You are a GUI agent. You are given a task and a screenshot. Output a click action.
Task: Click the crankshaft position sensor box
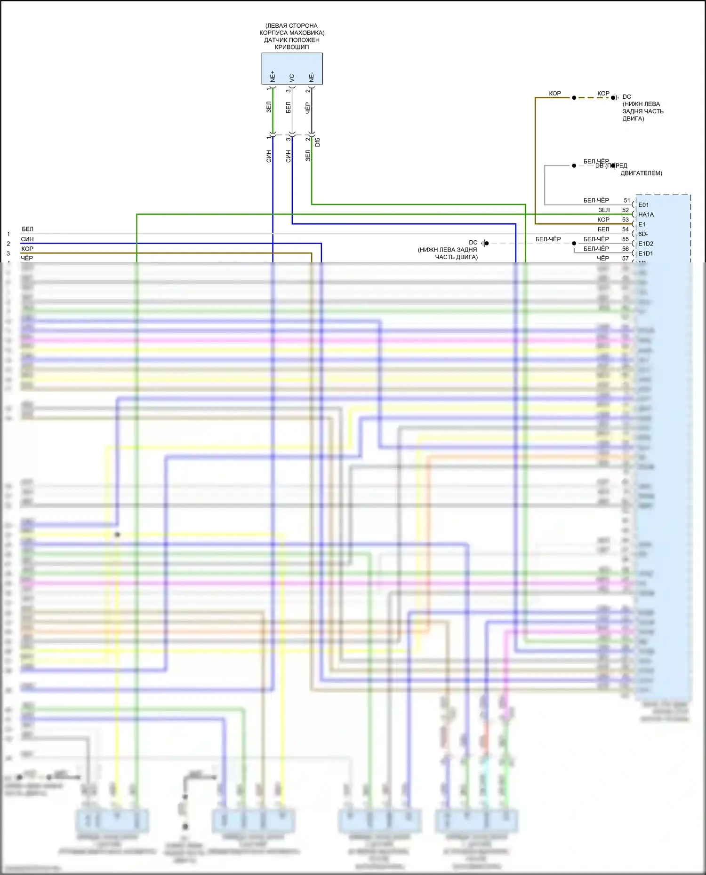point(292,68)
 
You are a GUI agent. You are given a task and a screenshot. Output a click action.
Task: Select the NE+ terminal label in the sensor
point(273,76)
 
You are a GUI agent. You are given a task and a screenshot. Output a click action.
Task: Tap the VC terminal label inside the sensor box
point(292,78)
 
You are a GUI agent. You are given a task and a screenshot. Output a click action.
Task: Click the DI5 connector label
point(318,142)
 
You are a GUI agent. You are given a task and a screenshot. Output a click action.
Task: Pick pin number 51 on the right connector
point(626,200)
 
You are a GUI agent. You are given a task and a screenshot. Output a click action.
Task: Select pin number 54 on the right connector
point(626,229)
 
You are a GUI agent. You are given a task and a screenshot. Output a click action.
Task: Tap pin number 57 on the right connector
point(626,258)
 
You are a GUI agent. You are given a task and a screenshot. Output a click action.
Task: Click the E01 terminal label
point(643,205)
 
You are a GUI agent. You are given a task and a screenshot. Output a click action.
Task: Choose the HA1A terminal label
point(646,214)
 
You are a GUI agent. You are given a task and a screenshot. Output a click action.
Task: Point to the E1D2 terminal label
point(646,244)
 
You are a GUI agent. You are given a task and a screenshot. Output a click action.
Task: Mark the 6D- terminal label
point(643,234)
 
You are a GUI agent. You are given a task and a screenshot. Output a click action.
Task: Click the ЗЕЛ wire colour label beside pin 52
point(604,210)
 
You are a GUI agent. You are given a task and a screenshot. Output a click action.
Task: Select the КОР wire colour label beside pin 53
point(603,220)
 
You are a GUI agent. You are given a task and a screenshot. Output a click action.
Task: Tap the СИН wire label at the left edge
point(27,239)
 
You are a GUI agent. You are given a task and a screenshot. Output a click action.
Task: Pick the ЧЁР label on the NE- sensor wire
point(308,108)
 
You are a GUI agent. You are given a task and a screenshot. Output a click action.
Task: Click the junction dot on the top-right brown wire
point(574,98)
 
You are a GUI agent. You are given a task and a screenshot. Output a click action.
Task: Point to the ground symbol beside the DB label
point(613,166)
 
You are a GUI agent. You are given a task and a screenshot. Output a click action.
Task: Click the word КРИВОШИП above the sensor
point(292,47)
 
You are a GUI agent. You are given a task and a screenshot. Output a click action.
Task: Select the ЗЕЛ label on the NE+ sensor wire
point(269,107)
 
